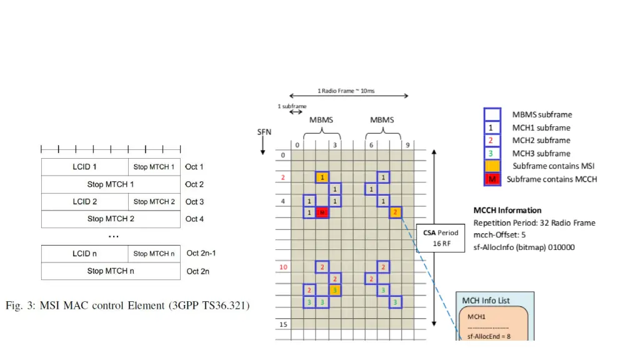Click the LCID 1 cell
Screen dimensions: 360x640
click(85, 167)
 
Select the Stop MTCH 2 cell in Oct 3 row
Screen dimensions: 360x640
click(154, 202)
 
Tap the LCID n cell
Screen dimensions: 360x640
click(85, 254)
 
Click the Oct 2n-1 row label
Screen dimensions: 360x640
click(201, 254)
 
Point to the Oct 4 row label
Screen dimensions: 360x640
click(194, 219)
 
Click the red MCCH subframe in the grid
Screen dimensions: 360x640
click(322, 213)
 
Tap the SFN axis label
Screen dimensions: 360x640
click(264, 132)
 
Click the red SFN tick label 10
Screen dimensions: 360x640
click(282, 267)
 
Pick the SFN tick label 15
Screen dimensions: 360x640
click(282, 324)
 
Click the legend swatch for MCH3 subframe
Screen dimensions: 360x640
click(492, 154)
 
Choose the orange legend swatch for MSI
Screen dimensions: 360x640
click(492, 166)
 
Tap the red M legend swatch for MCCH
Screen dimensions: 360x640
click(492, 179)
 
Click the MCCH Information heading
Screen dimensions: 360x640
click(507, 211)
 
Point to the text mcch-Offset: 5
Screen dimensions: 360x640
click(499, 235)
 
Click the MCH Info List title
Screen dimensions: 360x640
click(486, 301)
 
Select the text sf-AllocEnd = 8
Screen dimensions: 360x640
click(489, 337)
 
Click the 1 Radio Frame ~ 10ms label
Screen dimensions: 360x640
click(346, 91)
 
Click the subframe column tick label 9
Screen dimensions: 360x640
click(407, 145)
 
